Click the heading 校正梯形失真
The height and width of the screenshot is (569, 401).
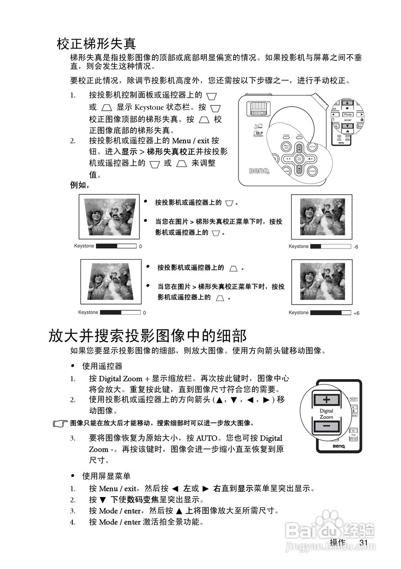[x=96, y=44]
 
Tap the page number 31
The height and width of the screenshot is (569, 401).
[x=364, y=542]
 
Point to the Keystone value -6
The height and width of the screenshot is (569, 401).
[x=356, y=247]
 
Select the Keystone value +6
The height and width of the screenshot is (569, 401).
[x=356, y=313]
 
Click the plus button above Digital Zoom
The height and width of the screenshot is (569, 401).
[x=326, y=399]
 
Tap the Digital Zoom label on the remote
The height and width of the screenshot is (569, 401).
[x=326, y=414]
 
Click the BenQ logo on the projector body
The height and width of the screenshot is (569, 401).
[x=258, y=171]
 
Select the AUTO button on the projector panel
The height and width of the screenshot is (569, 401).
[x=312, y=146]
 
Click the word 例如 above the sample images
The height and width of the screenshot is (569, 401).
[x=79, y=185]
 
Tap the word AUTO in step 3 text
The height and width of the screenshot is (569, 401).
[x=206, y=438]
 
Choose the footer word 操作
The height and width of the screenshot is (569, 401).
[x=337, y=542]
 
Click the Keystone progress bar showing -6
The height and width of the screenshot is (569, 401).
[x=330, y=246]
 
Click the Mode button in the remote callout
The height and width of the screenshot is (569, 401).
[x=348, y=114]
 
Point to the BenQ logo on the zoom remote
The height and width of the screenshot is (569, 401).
[x=338, y=446]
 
